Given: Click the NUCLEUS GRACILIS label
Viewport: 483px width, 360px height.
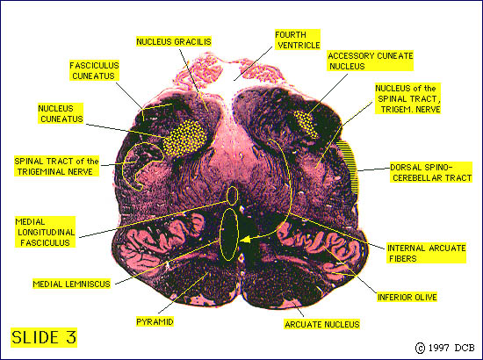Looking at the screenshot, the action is [x=174, y=41].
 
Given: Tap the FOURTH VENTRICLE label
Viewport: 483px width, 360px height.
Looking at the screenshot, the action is [x=298, y=40].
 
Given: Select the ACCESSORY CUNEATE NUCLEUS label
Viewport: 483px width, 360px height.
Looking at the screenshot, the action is [x=371, y=61].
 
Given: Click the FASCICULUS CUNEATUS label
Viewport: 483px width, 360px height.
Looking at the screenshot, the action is [x=94, y=70].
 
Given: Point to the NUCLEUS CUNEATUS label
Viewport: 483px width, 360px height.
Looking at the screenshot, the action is [x=61, y=113].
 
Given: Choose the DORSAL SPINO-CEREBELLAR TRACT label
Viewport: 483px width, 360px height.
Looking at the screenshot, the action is [x=431, y=172].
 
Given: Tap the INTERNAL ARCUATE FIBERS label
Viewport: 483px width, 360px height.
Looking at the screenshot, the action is [x=426, y=253].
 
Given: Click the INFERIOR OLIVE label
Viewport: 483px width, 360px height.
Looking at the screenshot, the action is [x=407, y=297].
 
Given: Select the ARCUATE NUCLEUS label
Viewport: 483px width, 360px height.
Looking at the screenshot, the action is [x=322, y=324].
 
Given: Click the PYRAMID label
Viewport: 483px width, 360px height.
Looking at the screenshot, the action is [x=155, y=322].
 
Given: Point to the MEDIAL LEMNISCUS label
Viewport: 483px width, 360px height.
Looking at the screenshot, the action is [x=71, y=284].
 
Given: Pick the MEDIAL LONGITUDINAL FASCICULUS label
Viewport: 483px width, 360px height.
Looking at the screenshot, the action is [x=45, y=232].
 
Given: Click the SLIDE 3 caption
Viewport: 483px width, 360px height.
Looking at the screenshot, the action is [x=44, y=337].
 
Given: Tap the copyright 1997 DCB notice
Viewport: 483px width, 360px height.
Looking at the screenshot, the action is [x=445, y=348].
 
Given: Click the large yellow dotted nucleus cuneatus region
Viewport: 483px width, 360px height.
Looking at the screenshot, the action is [x=184, y=138].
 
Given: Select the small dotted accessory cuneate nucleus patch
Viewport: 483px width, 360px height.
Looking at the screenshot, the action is [x=306, y=124].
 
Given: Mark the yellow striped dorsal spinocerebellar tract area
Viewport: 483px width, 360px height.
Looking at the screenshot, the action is [x=348, y=166].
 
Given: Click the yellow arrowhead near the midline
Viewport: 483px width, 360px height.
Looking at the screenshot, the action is [x=245, y=240].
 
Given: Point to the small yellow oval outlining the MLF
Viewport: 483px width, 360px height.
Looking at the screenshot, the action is [x=232, y=195].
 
